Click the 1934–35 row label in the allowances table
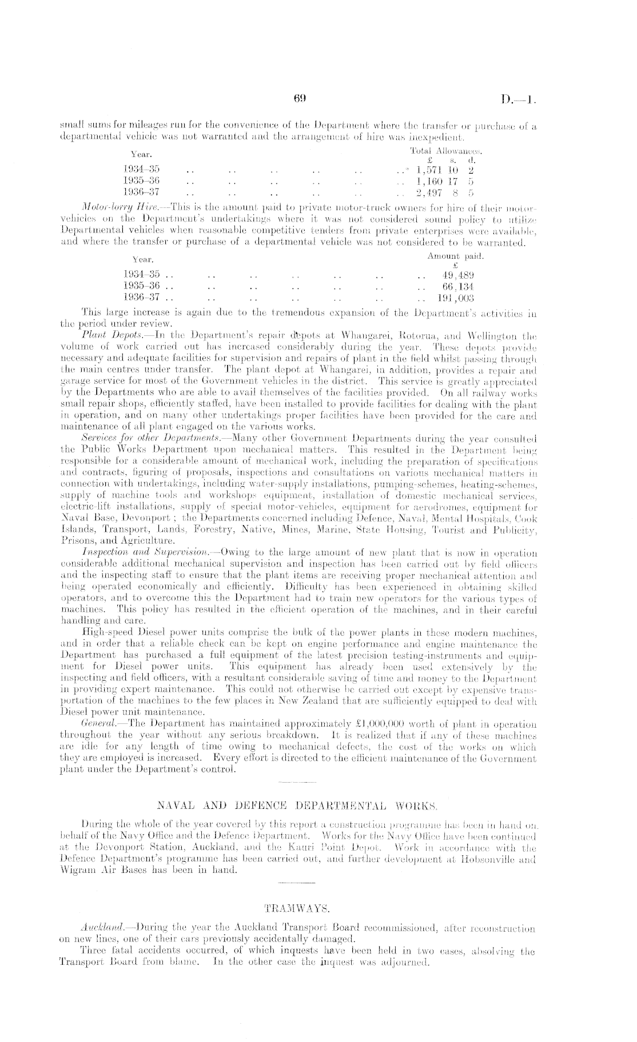(141, 169)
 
